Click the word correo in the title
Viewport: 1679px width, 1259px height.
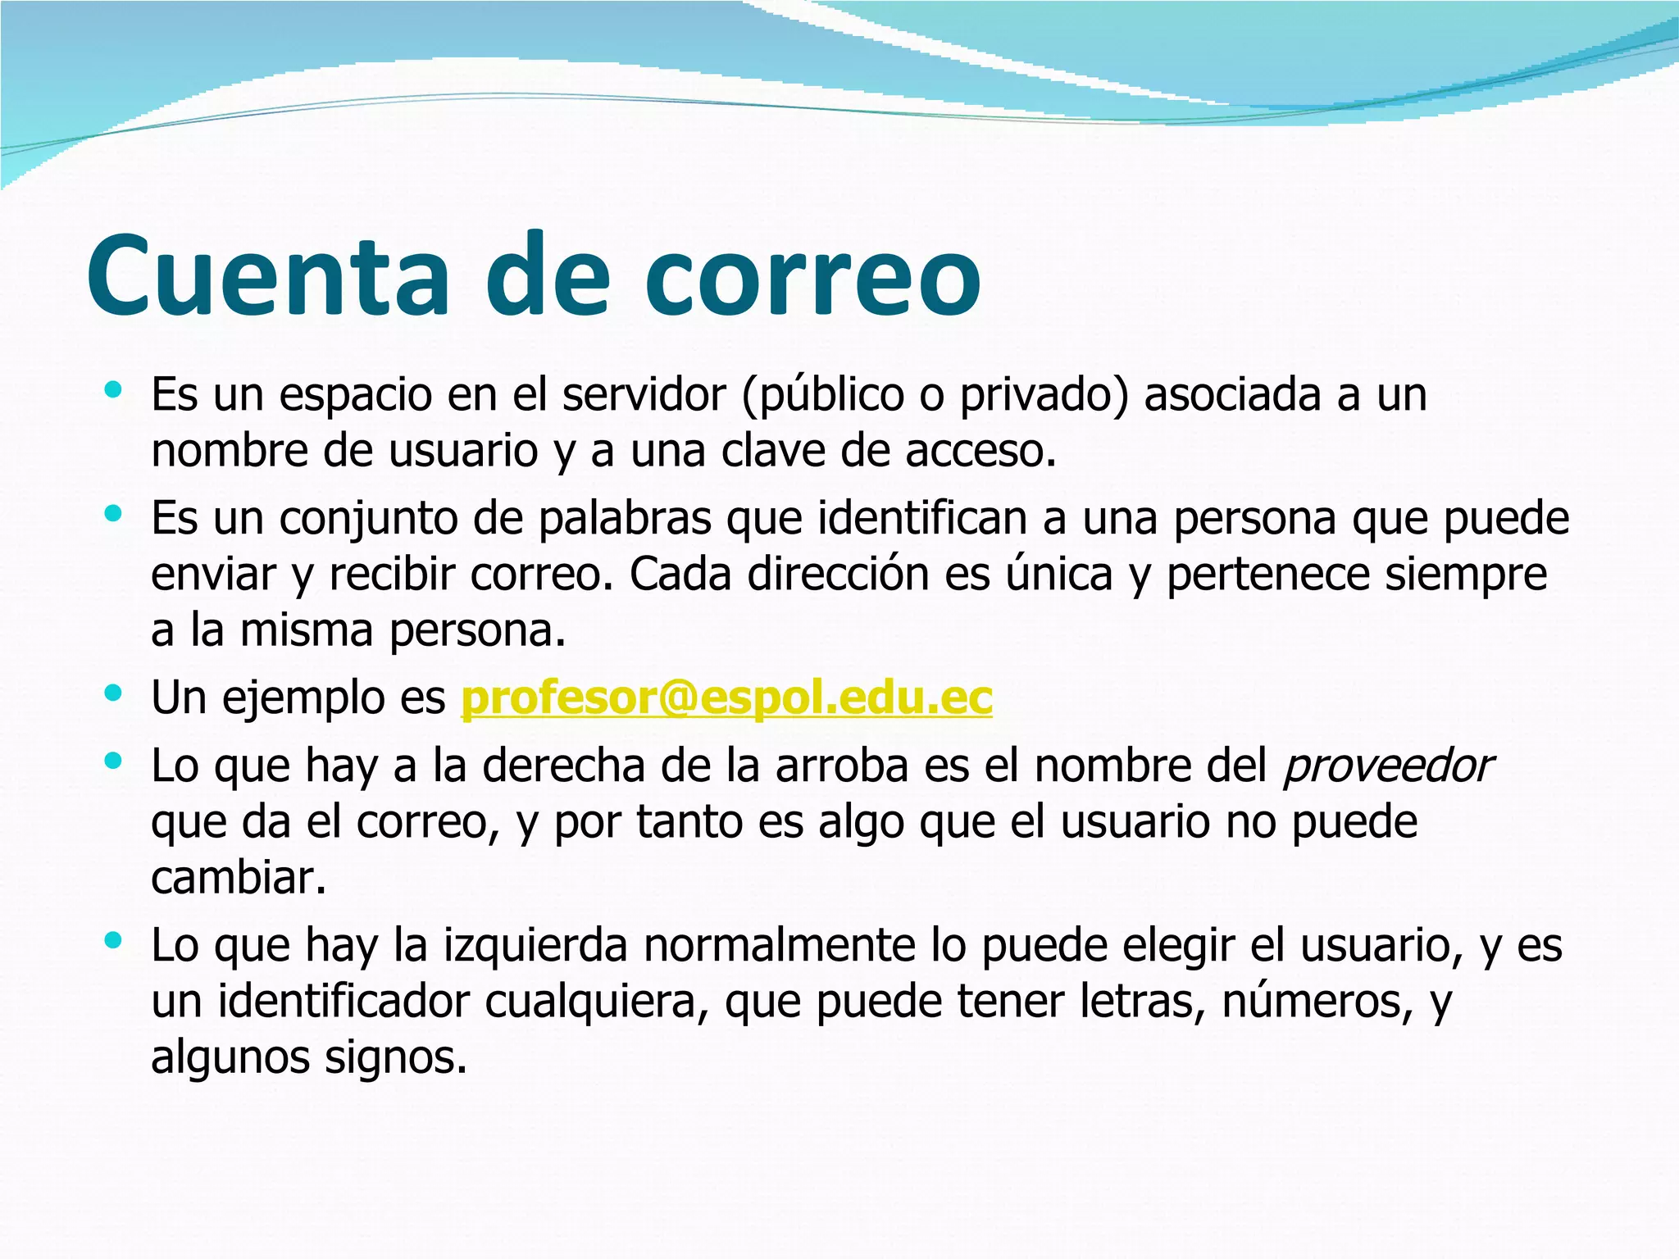(x=812, y=276)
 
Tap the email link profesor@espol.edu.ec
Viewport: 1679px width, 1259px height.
(x=726, y=698)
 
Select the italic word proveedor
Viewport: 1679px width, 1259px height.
(x=1388, y=767)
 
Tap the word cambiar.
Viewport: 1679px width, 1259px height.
(x=239, y=878)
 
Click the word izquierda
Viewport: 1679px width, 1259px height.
(x=536, y=944)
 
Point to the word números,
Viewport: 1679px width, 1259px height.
(x=1309, y=1001)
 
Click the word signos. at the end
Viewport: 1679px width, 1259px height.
(x=395, y=1058)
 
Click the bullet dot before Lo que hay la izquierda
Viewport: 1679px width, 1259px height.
(x=113, y=939)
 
